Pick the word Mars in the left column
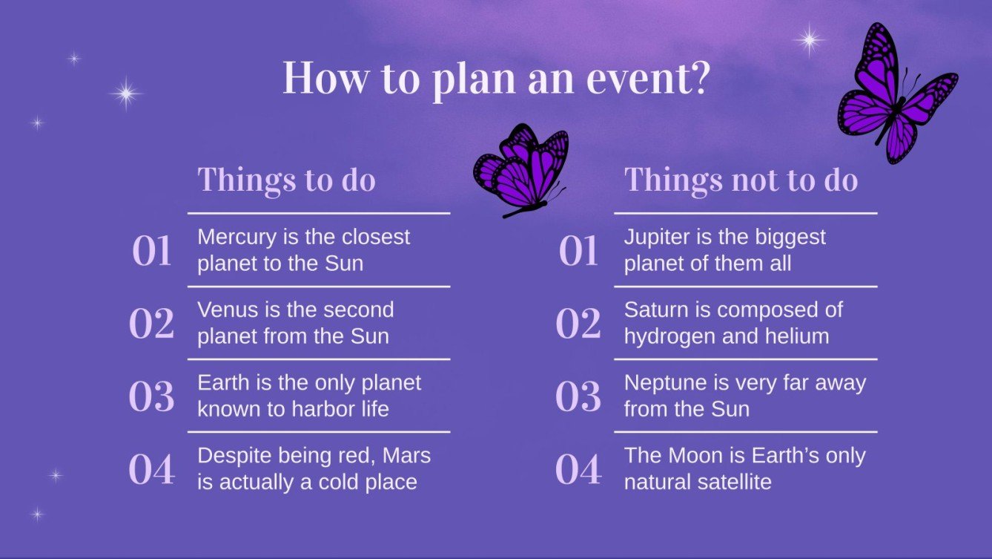point(407,456)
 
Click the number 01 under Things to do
point(151,251)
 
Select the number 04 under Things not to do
point(578,469)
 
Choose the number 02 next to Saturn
point(578,324)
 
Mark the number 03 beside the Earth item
point(151,396)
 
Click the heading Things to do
point(286,180)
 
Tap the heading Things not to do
point(741,180)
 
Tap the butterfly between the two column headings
point(522,170)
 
